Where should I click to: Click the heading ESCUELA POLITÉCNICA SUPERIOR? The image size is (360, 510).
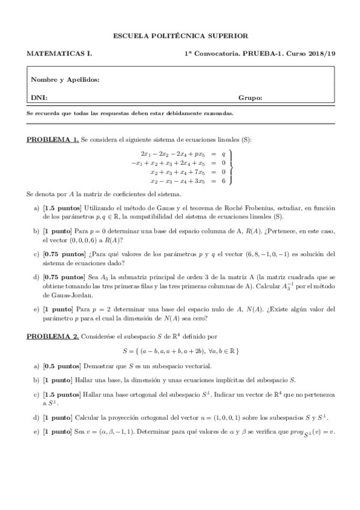pyautogui.click(x=180, y=36)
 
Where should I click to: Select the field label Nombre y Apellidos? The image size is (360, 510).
pyautogui.click(x=65, y=79)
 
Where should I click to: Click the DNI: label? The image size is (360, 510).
pyautogui.click(x=39, y=97)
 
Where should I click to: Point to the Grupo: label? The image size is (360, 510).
pyautogui.click(x=250, y=97)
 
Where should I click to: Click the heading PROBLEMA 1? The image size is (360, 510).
pyautogui.click(x=52, y=140)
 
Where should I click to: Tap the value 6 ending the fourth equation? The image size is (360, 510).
pyautogui.click(x=223, y=180)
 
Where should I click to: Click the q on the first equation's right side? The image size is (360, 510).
pyautogui.click(x=223, y=154)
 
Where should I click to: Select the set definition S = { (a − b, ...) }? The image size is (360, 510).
pyautogui.click(x=180, y=351)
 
